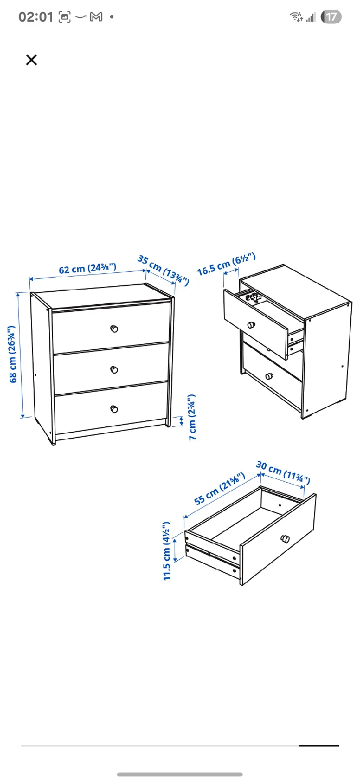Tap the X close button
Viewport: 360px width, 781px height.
31,60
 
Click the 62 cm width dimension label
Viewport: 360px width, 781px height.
87,268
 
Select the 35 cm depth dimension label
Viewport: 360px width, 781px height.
163,270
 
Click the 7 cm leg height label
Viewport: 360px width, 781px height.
192,417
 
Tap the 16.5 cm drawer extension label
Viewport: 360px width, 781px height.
226,264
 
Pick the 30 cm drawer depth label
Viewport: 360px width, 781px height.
282,472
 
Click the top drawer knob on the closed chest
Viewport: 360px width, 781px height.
114,329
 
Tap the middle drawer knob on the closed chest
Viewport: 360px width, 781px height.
114,369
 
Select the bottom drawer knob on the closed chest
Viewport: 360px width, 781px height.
114,409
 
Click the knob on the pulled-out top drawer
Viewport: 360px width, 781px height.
251,325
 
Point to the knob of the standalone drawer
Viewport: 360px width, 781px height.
285,539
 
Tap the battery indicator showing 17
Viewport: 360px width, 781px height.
331,17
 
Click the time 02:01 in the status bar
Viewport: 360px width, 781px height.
36,17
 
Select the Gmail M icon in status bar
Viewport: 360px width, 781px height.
96,17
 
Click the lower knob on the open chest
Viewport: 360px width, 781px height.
268,375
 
